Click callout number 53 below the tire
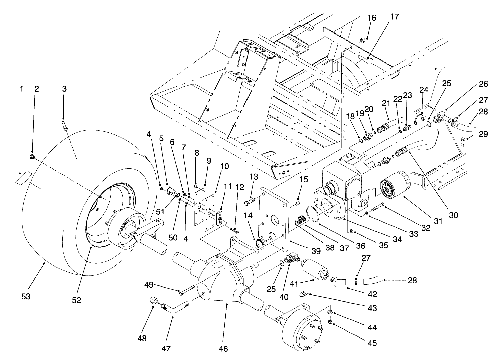pos(26,296)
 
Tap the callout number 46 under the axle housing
pos(223,349)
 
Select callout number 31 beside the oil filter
pos(437,221)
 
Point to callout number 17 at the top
pos(394,17)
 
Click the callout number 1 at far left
pos(21,89)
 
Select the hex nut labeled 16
pos(362,41)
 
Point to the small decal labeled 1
pos(23,177)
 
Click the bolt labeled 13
pos(250,202)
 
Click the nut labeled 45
pos(329,322)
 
